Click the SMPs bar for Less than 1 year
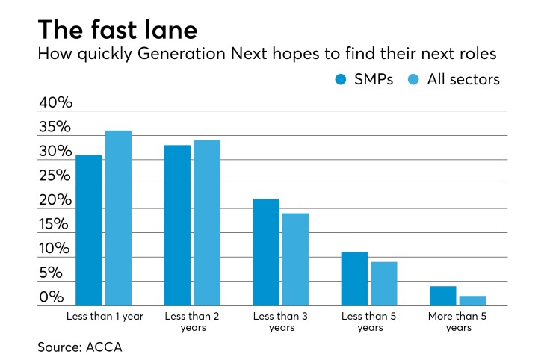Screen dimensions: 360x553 (88, 230)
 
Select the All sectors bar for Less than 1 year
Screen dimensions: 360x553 (117, 218)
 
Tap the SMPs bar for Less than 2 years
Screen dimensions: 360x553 (177, 225)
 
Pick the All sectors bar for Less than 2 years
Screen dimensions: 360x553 (206, 223)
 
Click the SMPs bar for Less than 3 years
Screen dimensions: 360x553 (265, 252)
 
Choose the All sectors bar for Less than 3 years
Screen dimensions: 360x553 (294, 259)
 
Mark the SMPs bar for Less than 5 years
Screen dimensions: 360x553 (354, 279)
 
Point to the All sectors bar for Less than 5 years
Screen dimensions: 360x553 (383, 283)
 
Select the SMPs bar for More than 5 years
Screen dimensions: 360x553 (442, 296)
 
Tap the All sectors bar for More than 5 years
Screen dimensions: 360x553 (472, 300)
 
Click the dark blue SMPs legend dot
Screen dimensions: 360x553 (341, 80)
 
